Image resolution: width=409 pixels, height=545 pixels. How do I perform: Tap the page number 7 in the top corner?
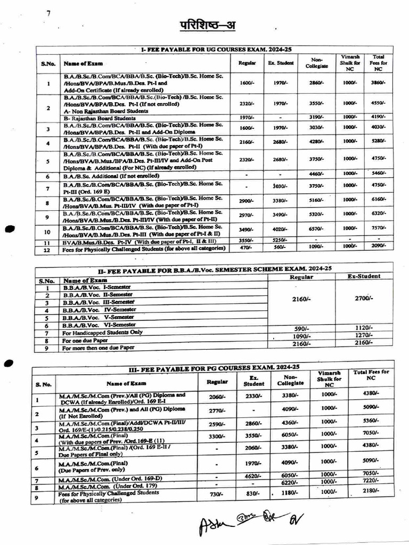[x=48, y=13]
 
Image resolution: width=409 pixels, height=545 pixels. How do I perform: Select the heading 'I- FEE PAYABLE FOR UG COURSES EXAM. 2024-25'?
[x=215, y=49]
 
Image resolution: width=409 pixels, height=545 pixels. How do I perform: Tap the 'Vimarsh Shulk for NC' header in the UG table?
[x=349, y=63]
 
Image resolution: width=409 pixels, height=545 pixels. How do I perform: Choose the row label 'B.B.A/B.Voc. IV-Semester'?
[x=99, y=309]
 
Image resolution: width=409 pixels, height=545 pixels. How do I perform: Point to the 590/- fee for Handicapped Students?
[x=301, y=328]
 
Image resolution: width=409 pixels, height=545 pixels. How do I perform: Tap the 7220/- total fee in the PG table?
[x=371, y=481]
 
